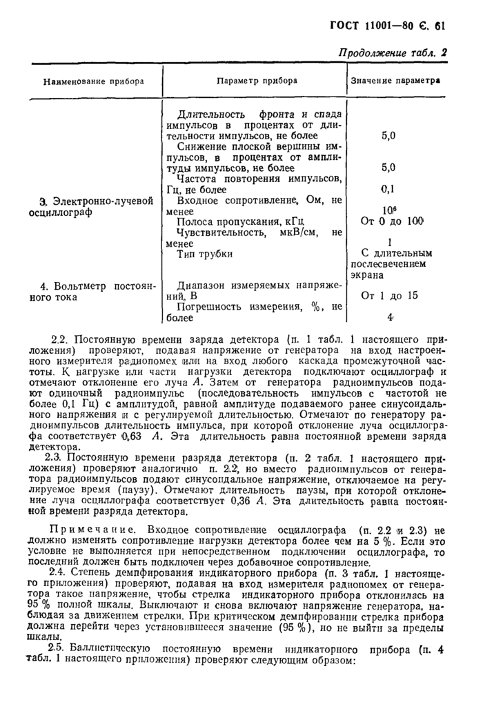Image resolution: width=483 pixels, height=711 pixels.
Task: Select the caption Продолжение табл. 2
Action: (392, 54)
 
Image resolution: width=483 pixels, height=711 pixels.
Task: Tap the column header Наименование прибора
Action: (94, 81)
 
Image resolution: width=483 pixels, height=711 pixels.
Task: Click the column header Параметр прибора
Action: (257, 81)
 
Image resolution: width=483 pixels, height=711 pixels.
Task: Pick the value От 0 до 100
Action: (391, 221)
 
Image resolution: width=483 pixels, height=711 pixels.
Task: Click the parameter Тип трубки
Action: (205, 254)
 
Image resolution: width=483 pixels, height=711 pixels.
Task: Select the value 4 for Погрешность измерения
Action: (390, 318)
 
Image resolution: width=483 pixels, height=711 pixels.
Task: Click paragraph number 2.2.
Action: (61, 340)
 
